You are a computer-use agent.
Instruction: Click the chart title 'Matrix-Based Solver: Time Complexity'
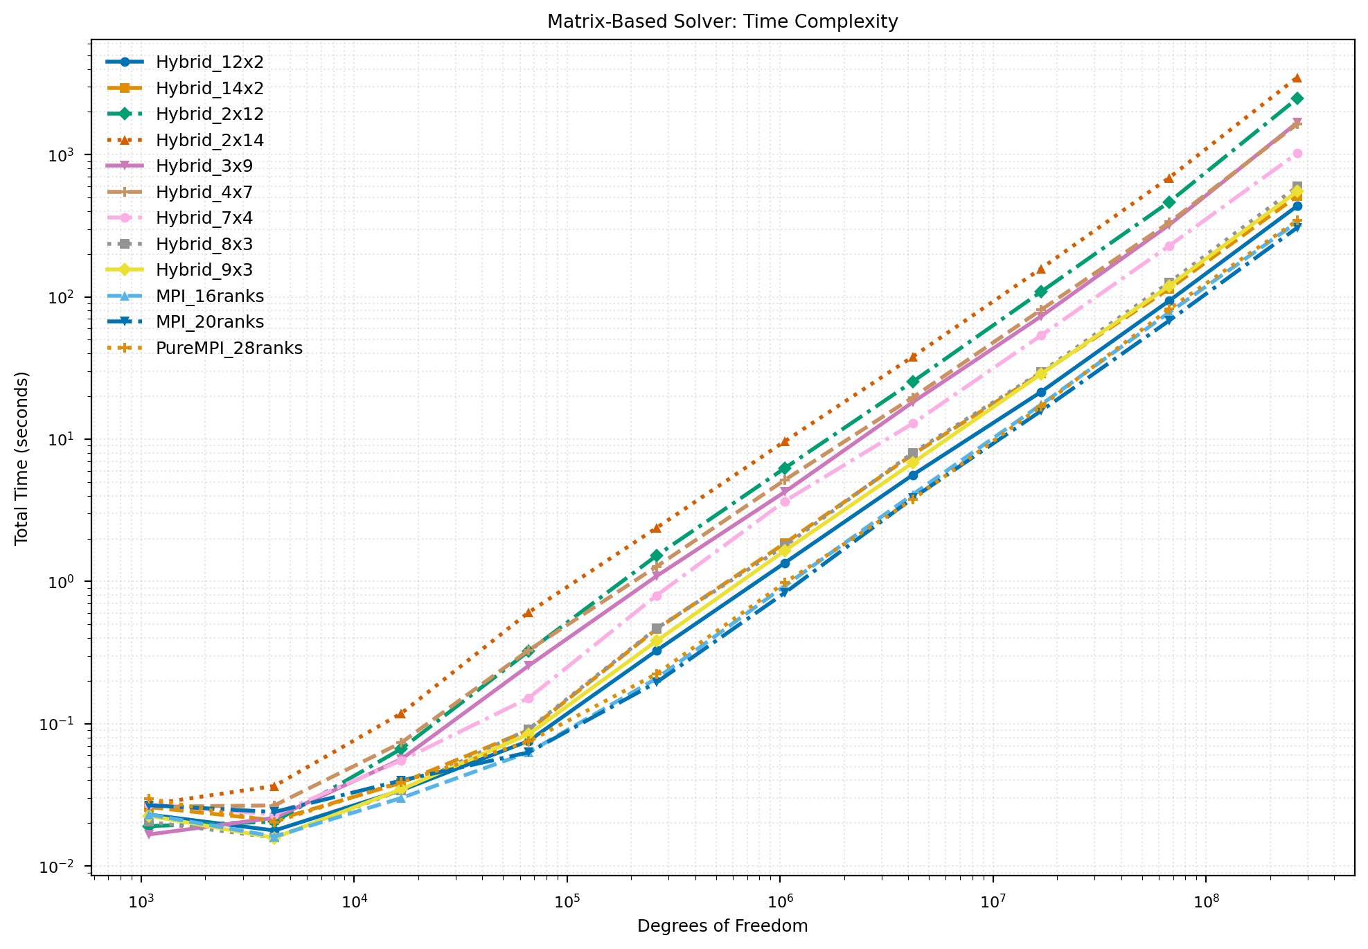[x=722, y=21]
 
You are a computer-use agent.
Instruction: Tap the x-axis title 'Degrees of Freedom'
[x=722, y=926]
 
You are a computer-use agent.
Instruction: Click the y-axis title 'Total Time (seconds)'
[x=21, y=458]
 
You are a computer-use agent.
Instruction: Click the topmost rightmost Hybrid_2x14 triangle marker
[x=1297, y=78]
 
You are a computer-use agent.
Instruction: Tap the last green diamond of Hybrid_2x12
[x=1297, y=98]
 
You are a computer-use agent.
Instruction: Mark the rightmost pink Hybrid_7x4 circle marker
[x=1297, y=154]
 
